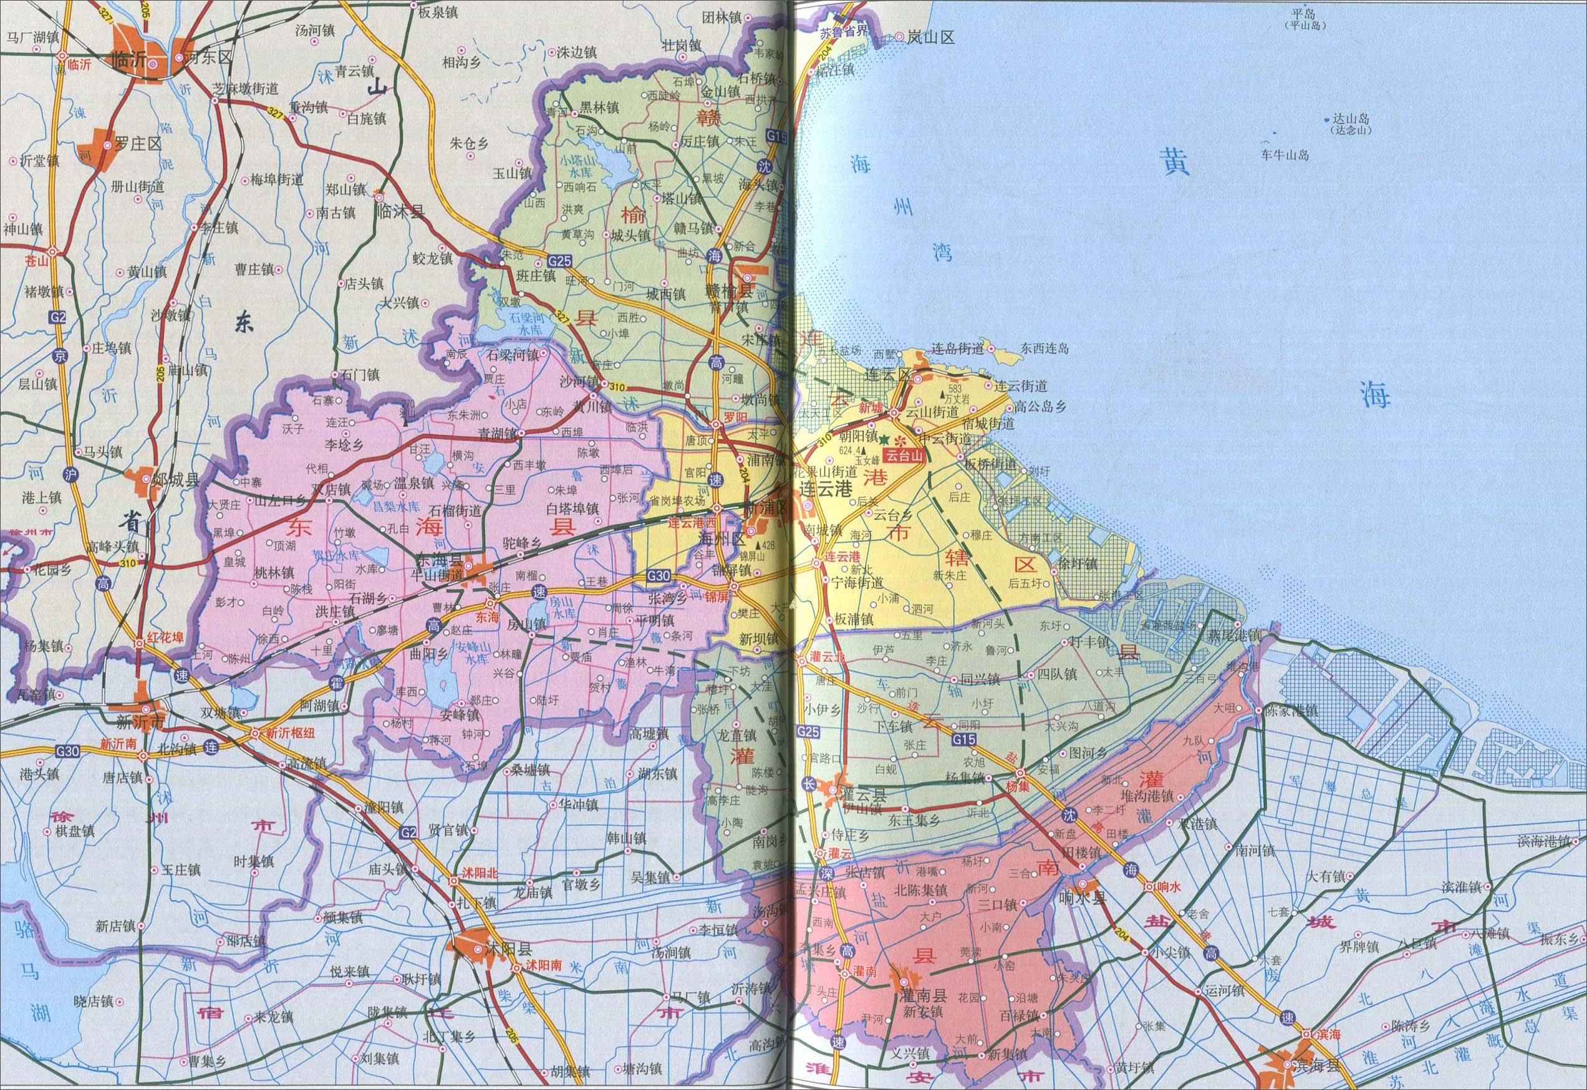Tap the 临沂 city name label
click(128, 59)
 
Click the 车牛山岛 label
click(1285, 156)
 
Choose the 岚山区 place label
click(930, 38)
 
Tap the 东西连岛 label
click(1044, 349)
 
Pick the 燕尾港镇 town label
click(1237, 635)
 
